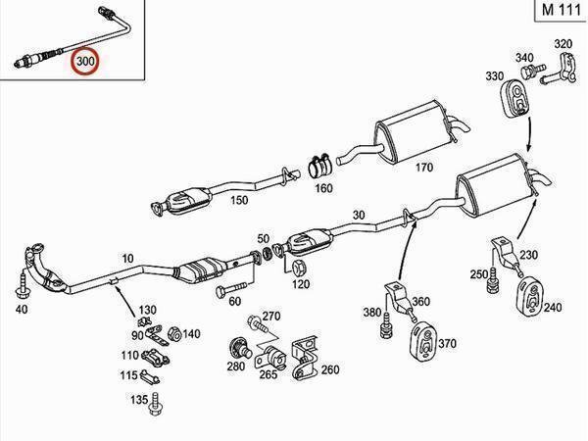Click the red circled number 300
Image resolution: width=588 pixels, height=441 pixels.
click(x=87, y=61)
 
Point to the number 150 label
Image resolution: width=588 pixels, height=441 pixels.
click(x=239, y=201)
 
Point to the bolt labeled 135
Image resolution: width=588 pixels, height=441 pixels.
click(x=155, y=401)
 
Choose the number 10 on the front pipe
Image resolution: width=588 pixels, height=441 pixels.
click(x=126, y=260)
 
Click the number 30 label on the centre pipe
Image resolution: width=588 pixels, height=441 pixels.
click(x=358, y=217)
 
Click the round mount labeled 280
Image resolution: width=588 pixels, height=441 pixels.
click(x=237, y=347)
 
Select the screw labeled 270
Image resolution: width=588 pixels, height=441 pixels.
click(x=254, y=319)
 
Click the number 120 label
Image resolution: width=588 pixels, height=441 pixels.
click(x=300, y=284)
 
